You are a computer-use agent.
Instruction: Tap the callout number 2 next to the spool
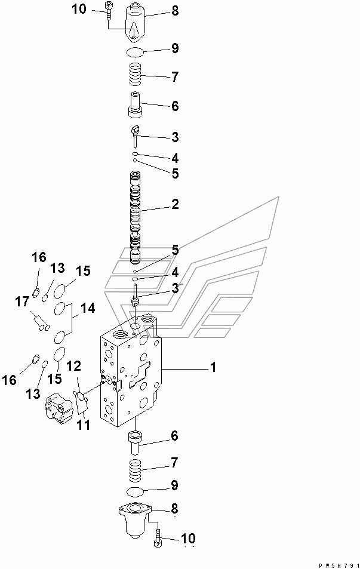click(175, 205)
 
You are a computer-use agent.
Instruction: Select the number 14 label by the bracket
click(88, 309)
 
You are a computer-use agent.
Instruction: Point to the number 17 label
click(22, 302)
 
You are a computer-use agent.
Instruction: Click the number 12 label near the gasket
click(73, 365)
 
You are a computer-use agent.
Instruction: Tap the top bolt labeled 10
click(107, 8)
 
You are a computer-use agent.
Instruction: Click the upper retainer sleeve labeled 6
click(136, 106)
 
